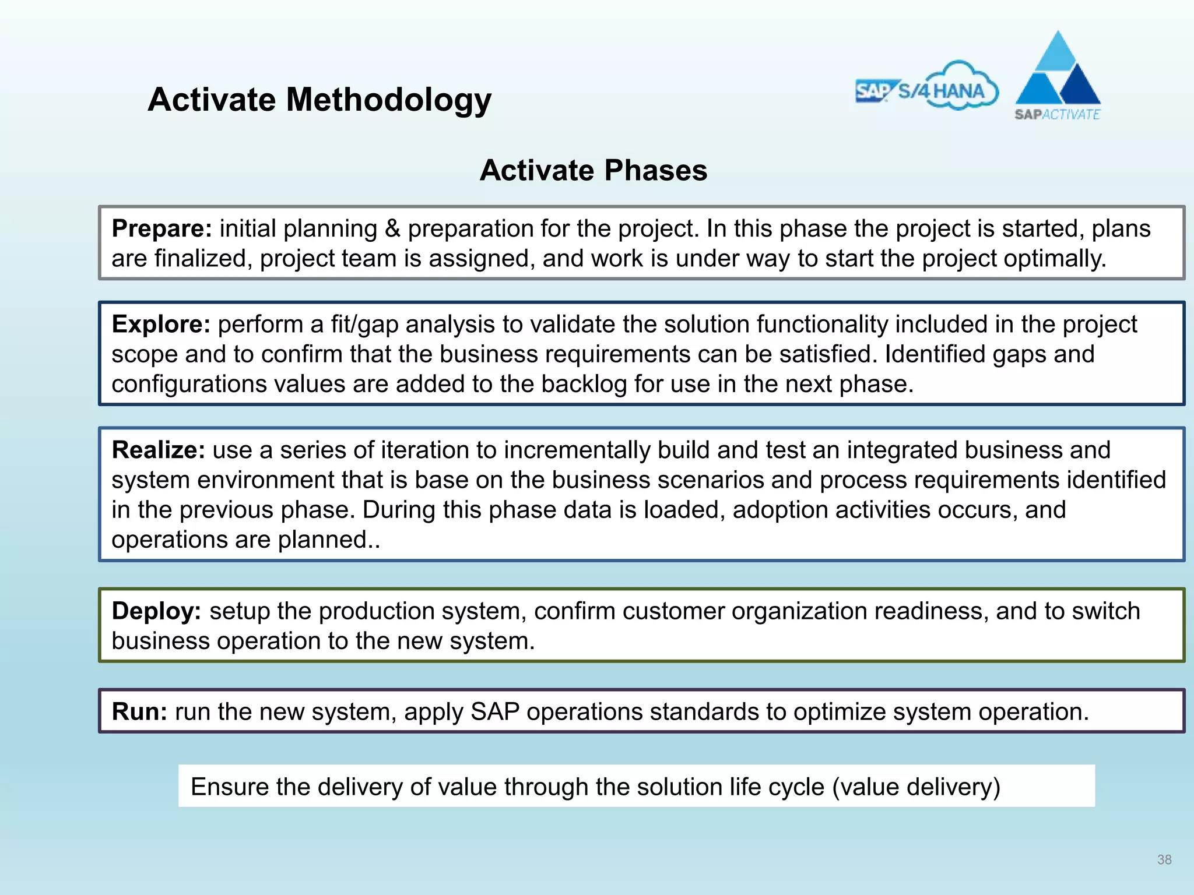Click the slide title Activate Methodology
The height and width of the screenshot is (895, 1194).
(319, 100)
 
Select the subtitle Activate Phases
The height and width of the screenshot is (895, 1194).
(593, 171)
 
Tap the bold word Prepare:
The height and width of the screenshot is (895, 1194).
(161, 228)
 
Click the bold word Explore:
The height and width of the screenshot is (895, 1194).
(160, 324)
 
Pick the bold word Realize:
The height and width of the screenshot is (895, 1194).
(158, 450)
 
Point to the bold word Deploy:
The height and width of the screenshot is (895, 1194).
(156, 611)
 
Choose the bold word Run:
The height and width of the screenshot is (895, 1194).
(139, 711)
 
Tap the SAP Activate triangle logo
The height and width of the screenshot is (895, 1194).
(1058, 76)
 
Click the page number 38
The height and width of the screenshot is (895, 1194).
(1164, 859)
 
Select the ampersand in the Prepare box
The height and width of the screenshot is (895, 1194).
(392, 228)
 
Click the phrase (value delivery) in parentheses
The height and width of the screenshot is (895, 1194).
(916, 787)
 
